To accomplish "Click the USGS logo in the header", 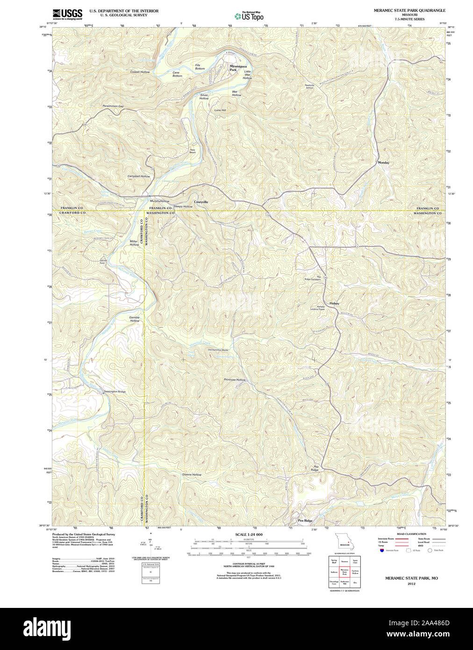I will (67, 14).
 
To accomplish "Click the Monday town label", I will (383, 163).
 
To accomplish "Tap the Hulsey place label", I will (334, 303).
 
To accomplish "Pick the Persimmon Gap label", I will (113, 106).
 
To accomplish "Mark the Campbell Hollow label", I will (139, 176).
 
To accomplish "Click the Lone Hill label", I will (220, 110).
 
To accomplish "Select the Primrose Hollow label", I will (235, 380).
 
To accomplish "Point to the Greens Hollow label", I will (192, 475).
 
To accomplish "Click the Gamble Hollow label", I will (135, 319).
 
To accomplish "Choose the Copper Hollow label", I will (140, 72).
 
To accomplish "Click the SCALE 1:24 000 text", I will (249, 534).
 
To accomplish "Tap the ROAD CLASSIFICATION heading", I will (411, 534).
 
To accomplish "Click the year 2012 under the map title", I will (411, 584).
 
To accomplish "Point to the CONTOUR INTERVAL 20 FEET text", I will (249, 563).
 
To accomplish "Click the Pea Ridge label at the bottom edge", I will (305, 520).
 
